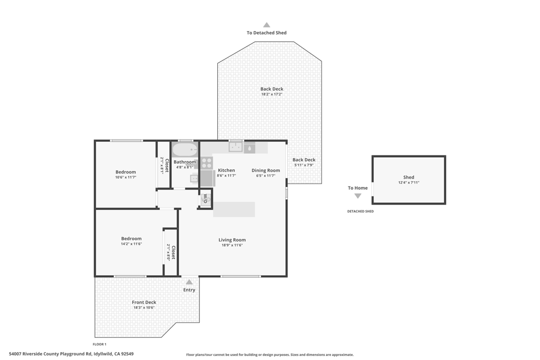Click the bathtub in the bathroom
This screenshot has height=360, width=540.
185,150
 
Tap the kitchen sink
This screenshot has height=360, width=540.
236,147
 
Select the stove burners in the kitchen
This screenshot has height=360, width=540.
207,162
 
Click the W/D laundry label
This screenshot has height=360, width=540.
205,198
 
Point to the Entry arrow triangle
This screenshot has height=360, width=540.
189,282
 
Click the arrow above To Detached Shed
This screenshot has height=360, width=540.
266,25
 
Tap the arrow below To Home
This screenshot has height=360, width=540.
358,196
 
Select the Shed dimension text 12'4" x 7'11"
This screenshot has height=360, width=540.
409,182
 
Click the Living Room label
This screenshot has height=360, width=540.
232,240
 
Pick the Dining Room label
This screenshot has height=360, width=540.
266,170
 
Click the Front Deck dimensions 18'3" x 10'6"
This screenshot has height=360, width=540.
144,308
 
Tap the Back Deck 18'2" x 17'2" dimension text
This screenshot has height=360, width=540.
272,94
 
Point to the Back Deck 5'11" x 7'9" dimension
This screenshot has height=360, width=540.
304,165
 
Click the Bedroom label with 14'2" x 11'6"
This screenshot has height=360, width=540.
131,239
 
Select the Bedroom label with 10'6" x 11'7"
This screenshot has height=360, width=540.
126,172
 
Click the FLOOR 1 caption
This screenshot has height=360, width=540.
100,344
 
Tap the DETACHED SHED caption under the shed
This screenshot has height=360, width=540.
360,211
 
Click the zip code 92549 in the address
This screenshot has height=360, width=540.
128,354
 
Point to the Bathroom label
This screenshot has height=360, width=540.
185,162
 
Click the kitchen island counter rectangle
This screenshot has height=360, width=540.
234,209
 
